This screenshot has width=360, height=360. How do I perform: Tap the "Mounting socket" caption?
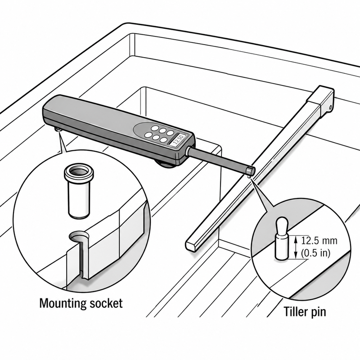(81, 303)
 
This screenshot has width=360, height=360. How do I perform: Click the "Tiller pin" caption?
(305, 312)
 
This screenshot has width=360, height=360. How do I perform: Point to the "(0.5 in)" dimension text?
(316, 253)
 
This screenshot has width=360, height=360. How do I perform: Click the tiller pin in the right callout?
(282, 238)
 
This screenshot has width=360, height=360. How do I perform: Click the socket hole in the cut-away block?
(79, 237)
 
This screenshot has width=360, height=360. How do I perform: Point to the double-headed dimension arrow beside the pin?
(296, 247)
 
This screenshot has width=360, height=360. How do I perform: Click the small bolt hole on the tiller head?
(330, 107)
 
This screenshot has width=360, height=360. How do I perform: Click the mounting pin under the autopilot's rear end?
(57, 130)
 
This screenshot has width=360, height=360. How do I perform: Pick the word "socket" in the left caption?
(106, 303)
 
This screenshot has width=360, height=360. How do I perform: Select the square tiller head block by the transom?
(321, 100)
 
